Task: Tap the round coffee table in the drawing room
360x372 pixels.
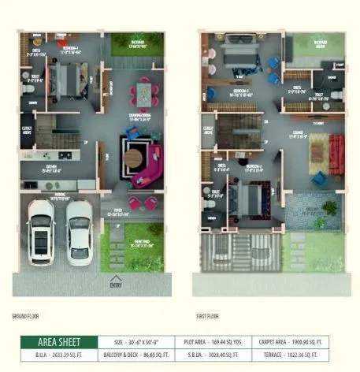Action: click(132, 158)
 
